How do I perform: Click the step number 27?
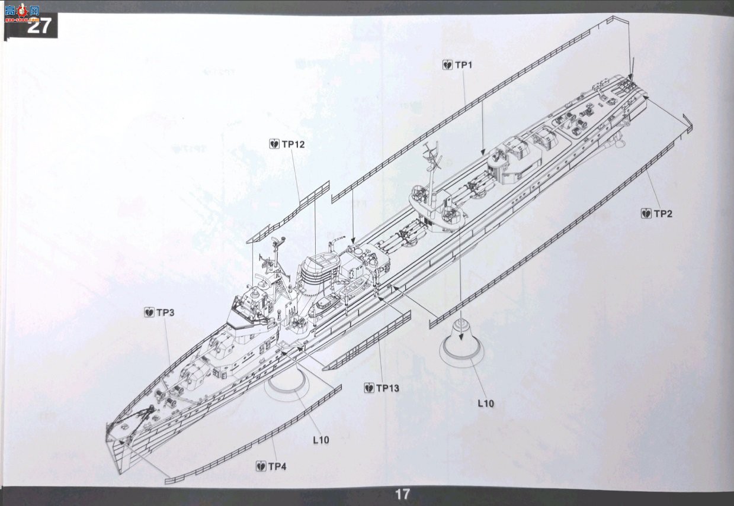coord(39,26)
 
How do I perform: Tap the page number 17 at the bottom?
coord(402,494)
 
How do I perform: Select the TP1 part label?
coord(463,65)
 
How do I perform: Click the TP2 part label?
coord(663,214)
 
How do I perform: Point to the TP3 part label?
coord(165,312)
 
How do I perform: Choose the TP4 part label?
coord(277,466)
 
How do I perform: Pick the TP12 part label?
coord(293,144)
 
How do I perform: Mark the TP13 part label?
coord(387,388)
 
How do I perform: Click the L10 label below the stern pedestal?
coord(486,404)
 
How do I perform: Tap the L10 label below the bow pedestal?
coord(321,440)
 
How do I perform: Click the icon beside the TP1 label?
coord(447,65)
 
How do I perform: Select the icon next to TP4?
coord(261,466)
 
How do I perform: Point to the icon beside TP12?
coord(274,144)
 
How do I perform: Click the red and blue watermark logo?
coord(23,12)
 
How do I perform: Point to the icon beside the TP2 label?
coord(646,214)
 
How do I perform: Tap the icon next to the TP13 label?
coord(369,388)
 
